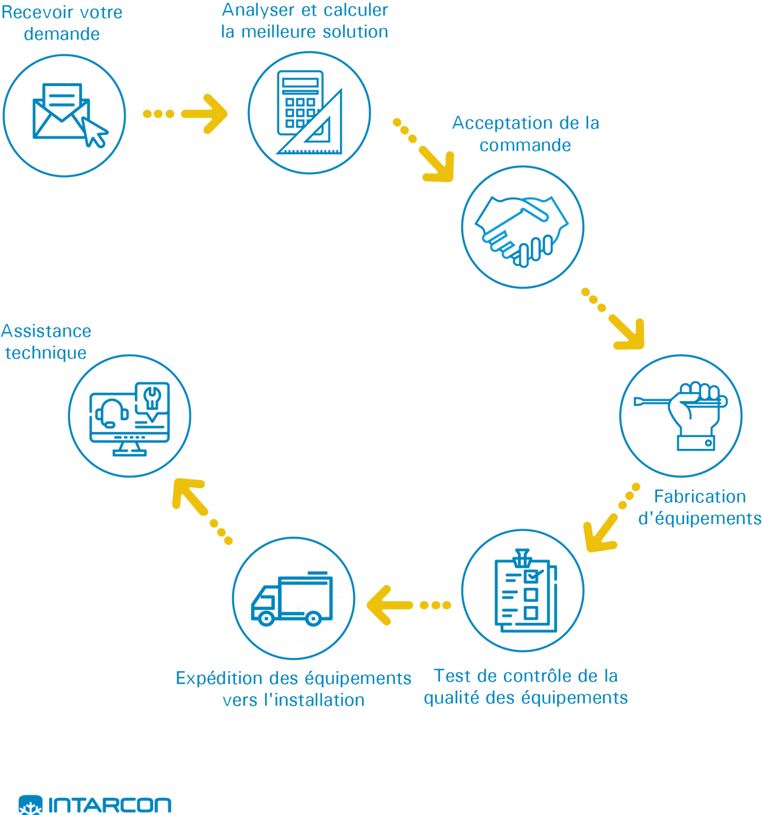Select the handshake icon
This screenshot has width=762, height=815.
pos(522,228)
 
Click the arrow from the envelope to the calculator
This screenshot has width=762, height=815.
pos(186,114)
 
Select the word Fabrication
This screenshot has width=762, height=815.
pos(699,497)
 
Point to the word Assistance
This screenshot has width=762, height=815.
pos(47,331)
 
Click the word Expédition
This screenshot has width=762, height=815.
pos(220,679)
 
